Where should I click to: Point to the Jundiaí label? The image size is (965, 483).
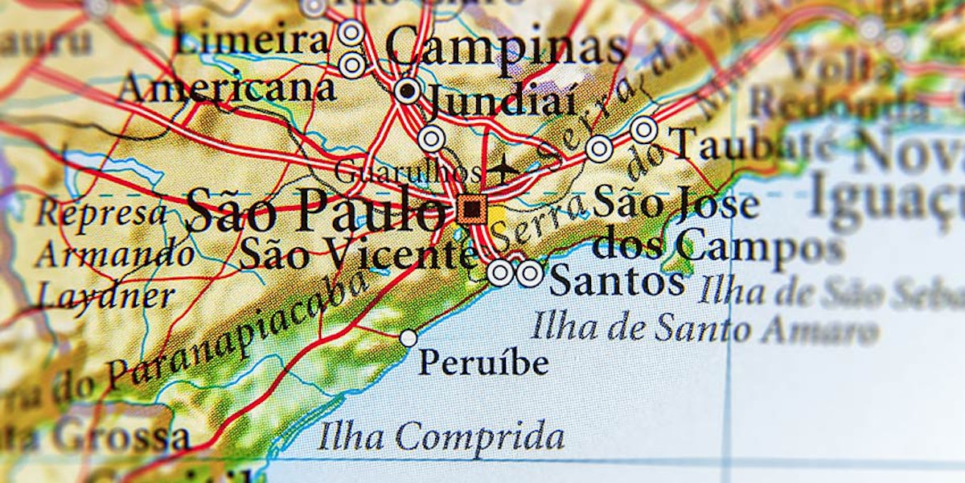click(500, 102)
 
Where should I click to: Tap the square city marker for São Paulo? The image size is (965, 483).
click(471, 210)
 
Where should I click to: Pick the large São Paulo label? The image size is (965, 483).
click(315, 211)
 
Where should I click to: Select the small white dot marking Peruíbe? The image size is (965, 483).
click(409, 338)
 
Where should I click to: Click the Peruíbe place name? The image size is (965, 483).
click(483, 363)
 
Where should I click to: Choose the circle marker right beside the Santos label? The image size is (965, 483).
click(529, 274)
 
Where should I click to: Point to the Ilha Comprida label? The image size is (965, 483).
click(441, 437)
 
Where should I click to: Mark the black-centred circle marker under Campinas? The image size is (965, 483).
click(408, 90)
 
